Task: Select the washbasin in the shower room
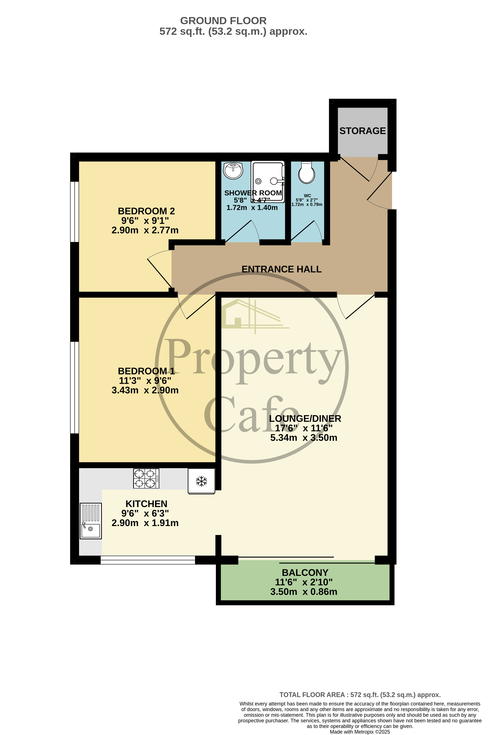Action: coord(233,171)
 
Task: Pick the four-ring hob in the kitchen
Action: coord(146,478)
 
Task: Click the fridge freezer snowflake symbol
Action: coord(201,481)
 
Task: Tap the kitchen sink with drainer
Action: coord(91,521)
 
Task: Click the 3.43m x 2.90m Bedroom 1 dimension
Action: coord(145,390)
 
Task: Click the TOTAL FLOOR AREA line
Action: coord(360,695)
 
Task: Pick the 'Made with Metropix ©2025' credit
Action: coord(360,732)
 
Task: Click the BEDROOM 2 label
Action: coord(146,211)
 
